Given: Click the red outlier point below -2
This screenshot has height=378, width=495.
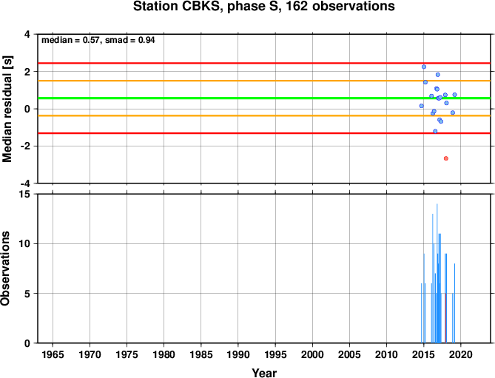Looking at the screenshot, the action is (x=445, y=158).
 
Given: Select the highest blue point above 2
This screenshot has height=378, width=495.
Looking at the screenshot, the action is (x=424, y=67).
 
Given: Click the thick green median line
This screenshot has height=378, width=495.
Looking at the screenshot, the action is (x=264, y=98).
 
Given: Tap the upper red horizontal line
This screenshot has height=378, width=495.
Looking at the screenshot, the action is (x=264, y=64).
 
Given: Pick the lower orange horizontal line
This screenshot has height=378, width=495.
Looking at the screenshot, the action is (x=264, y=116).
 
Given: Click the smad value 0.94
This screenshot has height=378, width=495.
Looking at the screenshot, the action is (x=147, y=40).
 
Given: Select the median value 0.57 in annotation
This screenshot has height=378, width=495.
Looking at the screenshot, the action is (x=91, y=40).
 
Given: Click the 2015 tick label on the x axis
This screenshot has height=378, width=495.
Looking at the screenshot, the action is (x=424, y=354).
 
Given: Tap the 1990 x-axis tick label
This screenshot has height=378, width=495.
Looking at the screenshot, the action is (x=238, y=354).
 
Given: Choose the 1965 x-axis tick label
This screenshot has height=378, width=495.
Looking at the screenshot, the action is (x=53, y=354).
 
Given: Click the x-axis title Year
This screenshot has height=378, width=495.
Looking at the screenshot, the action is (x=264, y=373).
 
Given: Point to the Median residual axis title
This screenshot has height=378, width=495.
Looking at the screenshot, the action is (x=7, y=109).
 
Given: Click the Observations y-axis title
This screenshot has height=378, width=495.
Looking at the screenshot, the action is (x=5, y=269).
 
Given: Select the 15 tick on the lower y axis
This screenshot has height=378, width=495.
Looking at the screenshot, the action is (x=27, y=195).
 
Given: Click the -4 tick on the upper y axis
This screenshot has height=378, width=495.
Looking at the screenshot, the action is (x=26, y=183).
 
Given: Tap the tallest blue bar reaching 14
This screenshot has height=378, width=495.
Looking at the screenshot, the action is (x=437, y=273).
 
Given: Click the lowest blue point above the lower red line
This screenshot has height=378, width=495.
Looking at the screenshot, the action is (x=435, y=131).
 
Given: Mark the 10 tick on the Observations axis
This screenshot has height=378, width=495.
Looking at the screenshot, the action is (x=27, y=244).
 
